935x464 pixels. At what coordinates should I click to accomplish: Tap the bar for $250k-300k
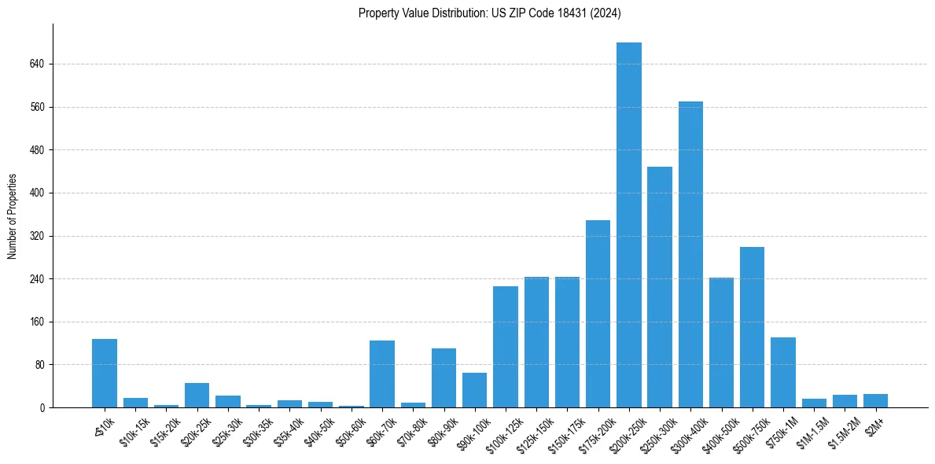point(660,287)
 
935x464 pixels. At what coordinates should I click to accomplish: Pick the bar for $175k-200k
point(598,314)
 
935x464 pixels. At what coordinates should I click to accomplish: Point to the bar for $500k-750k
point(752,327)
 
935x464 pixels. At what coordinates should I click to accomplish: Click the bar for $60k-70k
point(382,374)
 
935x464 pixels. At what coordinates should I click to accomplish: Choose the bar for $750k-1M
point(783,372)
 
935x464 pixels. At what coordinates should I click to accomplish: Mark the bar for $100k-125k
point(506,347)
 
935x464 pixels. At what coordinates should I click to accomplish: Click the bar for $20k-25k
point(197,395)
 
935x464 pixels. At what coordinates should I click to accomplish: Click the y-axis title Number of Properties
point(12,216)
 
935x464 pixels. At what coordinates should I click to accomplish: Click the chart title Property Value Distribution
point(490,13)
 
